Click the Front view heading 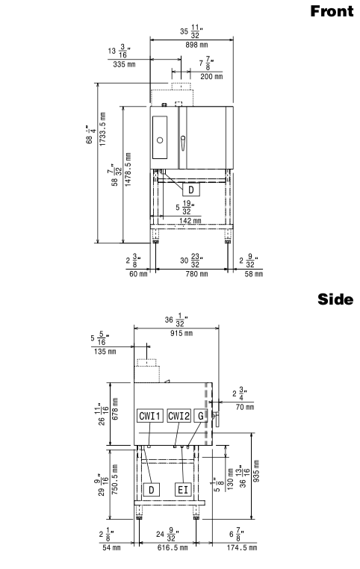point(332,11)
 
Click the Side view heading point(335,299)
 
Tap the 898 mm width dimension point(196,45)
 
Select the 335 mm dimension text point(124,64)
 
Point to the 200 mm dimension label point(211,77)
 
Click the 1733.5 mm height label point(103,129)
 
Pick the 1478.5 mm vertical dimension point(128,170)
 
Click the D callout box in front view point(191,190)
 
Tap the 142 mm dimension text point(190,220)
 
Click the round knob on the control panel point(160,140)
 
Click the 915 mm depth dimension point(181,333)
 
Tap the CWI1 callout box point(150,416)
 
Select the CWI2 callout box point(179,416)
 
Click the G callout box point(201,416)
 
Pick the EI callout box point(183,490)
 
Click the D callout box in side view point(152,490)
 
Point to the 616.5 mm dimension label point(173,547)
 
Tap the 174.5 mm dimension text point(242,547)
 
